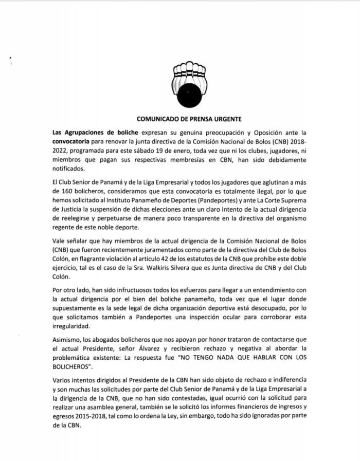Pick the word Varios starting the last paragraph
(x=63, y=383)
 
